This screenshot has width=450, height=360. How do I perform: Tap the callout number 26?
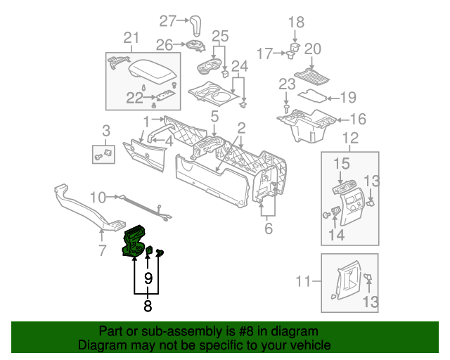164,45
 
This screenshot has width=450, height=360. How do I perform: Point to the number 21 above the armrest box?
131,38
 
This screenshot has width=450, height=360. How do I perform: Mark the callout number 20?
312,49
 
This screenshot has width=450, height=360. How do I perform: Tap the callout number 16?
357,119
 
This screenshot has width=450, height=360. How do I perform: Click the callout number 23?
286,84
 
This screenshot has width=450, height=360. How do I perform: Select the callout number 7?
102,250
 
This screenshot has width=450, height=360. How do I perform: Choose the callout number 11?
303,281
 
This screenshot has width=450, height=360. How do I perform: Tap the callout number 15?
341,164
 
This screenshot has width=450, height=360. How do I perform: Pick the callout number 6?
268,229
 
